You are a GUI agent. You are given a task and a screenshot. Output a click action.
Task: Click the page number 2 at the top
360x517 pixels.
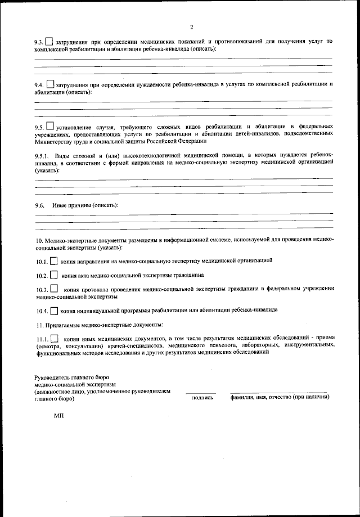(191, 26)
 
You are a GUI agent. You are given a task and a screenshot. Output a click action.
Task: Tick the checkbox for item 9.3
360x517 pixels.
(49, 41)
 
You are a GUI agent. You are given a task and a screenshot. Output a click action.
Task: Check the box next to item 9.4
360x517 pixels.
(50, 84)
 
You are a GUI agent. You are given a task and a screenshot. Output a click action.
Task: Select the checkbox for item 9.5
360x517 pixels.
(51, 127)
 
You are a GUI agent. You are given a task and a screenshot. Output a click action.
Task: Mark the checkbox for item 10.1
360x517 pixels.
(53, 262)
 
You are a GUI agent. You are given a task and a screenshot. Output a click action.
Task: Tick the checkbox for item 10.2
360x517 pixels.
(53, 276)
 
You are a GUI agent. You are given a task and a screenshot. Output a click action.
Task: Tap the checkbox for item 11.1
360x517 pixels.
(54, 339)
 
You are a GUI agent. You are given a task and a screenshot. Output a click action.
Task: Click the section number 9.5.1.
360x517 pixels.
(43, 155)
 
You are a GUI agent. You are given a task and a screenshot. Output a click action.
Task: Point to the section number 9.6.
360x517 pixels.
(40, 205)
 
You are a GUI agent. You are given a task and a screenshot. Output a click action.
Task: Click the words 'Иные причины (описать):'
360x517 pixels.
(85, 205)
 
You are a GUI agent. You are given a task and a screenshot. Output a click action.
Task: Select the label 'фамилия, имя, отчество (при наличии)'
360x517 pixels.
(280, 397)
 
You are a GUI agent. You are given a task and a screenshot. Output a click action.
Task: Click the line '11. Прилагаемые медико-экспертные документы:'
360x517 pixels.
(100, 325)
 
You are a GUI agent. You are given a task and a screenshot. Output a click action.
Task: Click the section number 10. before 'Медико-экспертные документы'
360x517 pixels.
(39, 239)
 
